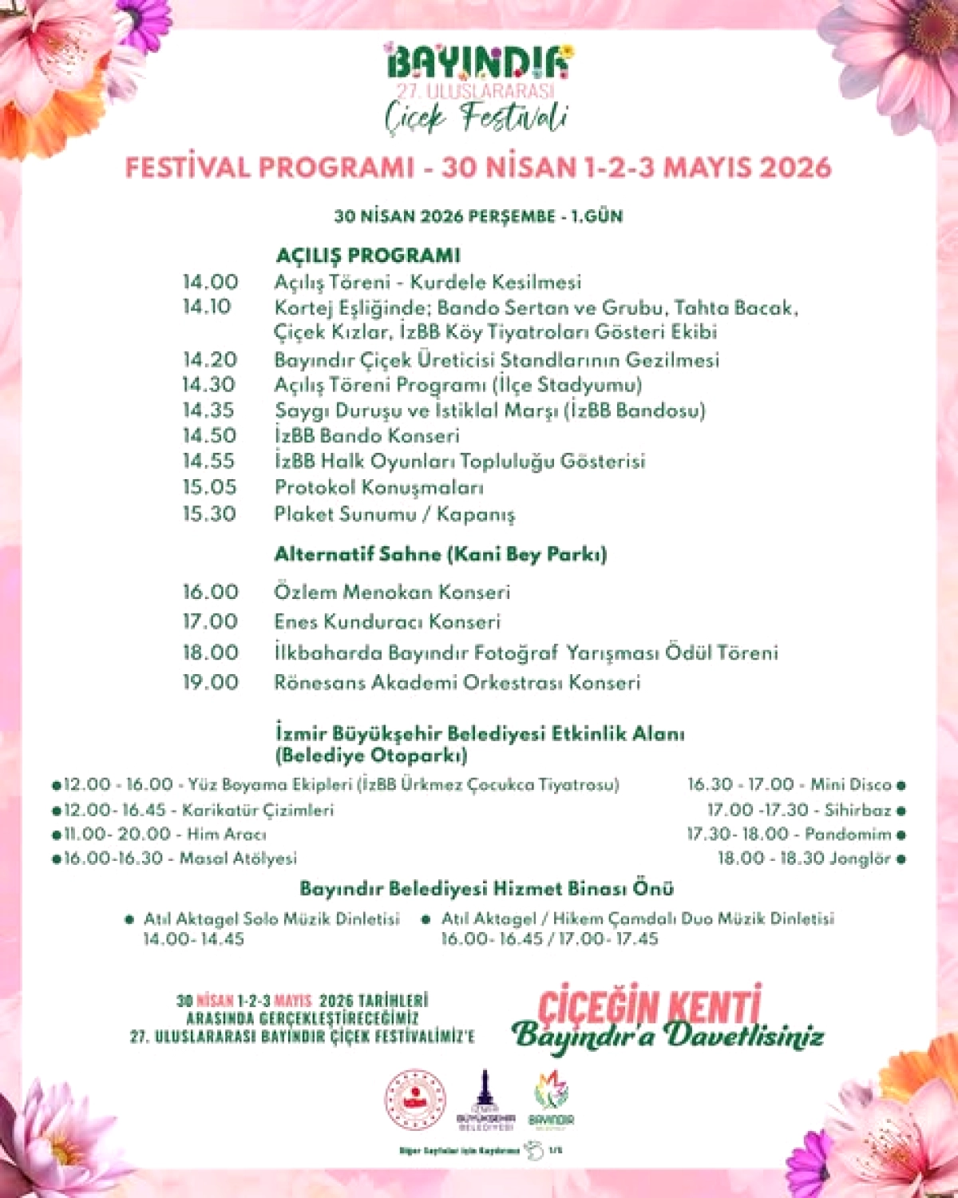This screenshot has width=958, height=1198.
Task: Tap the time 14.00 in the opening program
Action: pyautogui.click(x=210, y=282)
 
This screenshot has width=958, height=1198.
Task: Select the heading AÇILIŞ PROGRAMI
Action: pyautogui.click(x=368, y=256)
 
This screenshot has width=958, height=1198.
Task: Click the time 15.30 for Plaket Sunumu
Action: pyautogui.click(x=209, y=514)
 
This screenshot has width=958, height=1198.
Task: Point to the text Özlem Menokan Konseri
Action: pyautogui.click(x=392, y=592)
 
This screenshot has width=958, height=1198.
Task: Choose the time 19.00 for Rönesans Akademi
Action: pyautogui.click(x=211, y=682)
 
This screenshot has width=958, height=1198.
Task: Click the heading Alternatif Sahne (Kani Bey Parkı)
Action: pyautogui.click(x=441, y=554)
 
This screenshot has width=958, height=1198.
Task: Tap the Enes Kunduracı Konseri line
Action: pyautogui.click(x=387, y=621)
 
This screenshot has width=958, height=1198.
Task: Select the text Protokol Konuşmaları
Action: pyautogui.click(x=379, y=487)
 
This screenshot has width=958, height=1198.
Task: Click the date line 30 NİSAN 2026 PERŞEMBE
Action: pyautogui.click(x=478, y=216)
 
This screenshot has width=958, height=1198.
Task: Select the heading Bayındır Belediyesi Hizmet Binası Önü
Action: pyautogui.click(x=487, y=888)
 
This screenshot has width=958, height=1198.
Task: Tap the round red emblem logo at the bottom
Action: pyautogui.click(x=415, y=1101)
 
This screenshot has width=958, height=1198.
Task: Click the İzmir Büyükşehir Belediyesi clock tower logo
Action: pyautogui.click(x=485, y=1101)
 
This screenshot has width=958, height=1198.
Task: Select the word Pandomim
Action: pyautogui.click(x=848, y=835)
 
